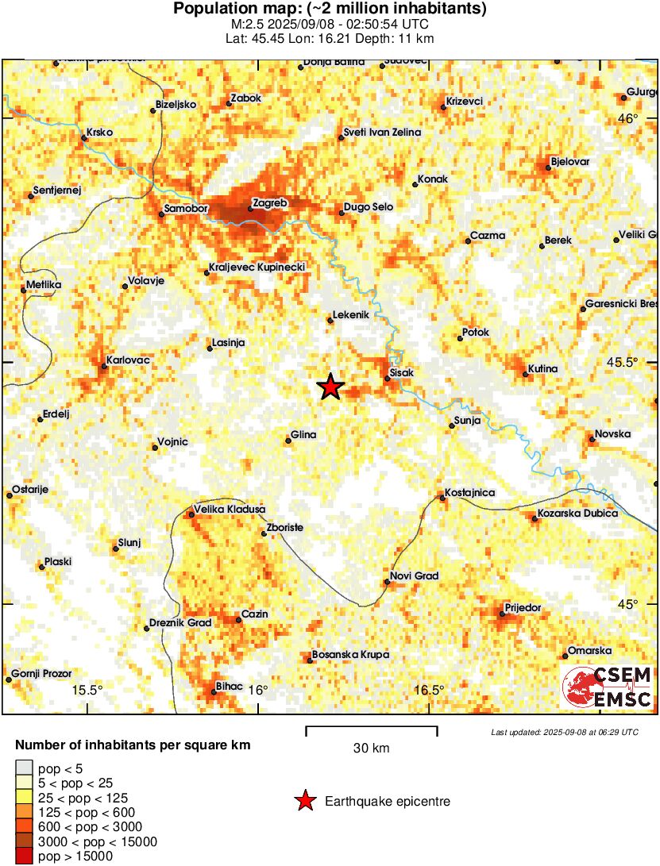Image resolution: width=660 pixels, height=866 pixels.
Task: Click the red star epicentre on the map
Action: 330,387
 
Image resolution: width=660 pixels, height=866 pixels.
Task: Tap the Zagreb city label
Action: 268,203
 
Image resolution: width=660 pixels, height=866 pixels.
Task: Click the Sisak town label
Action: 403,371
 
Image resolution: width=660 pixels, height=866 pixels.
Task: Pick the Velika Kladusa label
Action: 230,509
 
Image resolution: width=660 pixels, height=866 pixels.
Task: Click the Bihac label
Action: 230,686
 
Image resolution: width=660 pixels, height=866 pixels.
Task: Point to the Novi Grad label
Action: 414,576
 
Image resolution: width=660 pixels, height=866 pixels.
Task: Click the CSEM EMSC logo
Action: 608,687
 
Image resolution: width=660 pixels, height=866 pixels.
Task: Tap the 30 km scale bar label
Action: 371,748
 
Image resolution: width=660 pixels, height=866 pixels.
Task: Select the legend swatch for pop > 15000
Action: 25,856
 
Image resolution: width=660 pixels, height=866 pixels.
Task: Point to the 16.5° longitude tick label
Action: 430,689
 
